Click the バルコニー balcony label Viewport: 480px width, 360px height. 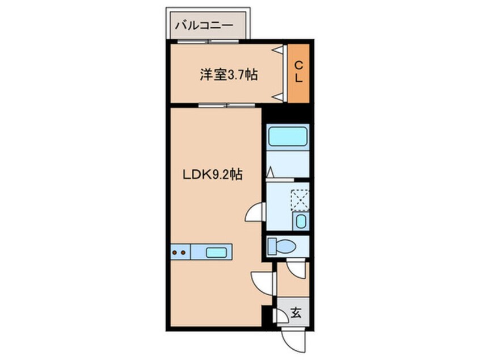[204, 25]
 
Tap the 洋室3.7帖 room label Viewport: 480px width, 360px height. [229, 74]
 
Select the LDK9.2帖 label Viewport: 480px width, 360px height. [213, 175]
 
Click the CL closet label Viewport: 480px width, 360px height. [298, 72]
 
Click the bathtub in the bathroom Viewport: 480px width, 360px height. [288, 137]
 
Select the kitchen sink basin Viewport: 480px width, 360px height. [216, 253]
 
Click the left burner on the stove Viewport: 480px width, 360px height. [175, 253]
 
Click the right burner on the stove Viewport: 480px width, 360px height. [183, 253]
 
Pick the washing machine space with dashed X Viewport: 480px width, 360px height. [300, 200]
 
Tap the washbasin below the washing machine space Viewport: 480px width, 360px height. [301, 221]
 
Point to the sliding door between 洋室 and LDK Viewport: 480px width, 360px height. [226, 106]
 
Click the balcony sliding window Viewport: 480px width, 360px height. [208, 41]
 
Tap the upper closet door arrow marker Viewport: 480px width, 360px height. [279, 49]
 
